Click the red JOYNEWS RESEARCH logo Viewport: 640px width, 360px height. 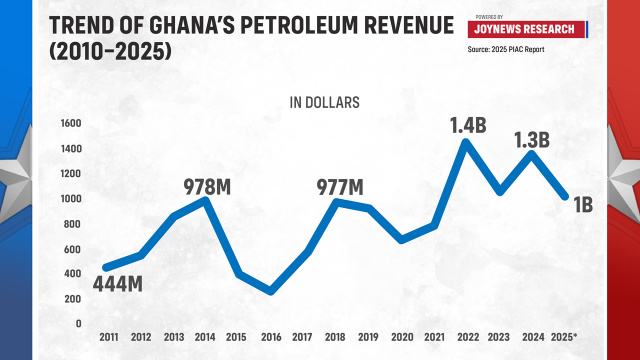[524, 29]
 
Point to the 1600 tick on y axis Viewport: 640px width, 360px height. [70, 123]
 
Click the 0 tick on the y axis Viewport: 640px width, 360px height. [78, 323]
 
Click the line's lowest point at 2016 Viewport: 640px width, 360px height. [271, 291]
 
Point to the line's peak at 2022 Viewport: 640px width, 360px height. [465, 142]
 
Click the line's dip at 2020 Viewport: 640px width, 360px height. [400, 240]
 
